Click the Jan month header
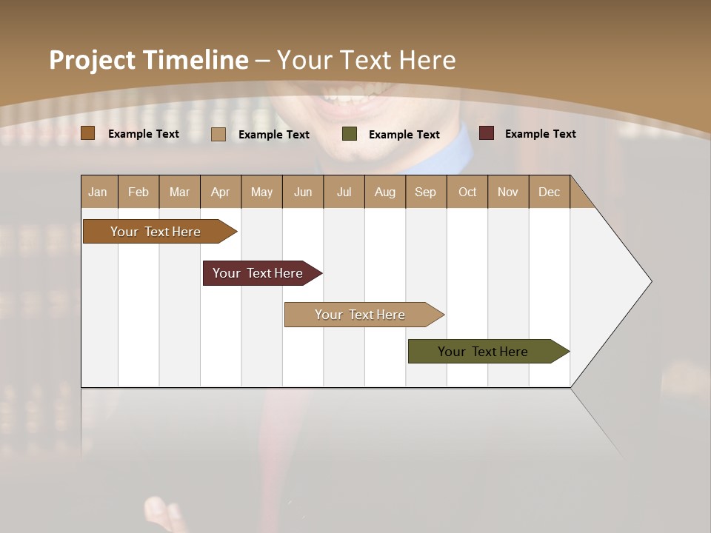coord(98,192)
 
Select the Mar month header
coord(179,192)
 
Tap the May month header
coord(261,192)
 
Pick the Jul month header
coord(344,192)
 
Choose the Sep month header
coord(425,192)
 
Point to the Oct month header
coord(467,192)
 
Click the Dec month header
coord(549,192)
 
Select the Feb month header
coord(138,192)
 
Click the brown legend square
coord(88,133)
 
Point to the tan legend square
coord(218,134)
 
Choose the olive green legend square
coord(350,134)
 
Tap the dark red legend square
coord(487,133)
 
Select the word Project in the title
coord(92,60)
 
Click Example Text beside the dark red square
coord(540,134)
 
